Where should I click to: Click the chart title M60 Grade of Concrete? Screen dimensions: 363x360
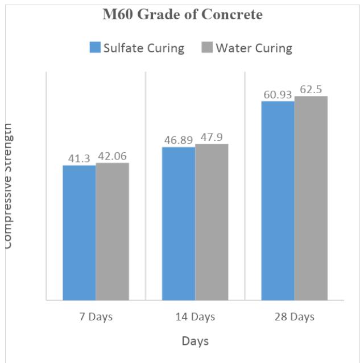tap(182, 15)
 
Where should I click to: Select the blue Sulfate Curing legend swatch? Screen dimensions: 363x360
tap(95, 48)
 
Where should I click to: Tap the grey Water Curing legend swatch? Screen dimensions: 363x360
tap(208, 48)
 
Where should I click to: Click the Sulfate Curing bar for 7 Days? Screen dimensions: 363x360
tap(79, 232)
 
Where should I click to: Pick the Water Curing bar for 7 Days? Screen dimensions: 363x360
tap(112, 231)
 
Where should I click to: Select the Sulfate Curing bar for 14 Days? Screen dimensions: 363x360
tap(179, 223)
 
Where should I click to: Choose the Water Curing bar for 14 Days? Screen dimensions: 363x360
tap(212, 222)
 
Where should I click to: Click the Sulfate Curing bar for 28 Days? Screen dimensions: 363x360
tap(278, 200)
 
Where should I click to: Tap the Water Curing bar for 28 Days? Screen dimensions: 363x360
tap(311, 198)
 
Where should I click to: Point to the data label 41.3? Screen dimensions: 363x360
tap(79, 158)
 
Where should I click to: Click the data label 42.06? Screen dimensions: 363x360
tap(112, 156)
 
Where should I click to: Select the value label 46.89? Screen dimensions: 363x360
tap(178, 140)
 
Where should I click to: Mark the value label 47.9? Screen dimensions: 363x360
tap(212, 137)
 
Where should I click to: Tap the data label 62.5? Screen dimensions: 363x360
tap(311, 89)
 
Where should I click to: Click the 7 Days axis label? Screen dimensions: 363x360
tap(96, 316)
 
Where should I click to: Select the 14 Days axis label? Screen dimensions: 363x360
tap(195, 316)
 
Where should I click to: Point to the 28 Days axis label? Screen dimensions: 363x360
tap(295, 316)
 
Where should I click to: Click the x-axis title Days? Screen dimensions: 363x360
tap(195, 341)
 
